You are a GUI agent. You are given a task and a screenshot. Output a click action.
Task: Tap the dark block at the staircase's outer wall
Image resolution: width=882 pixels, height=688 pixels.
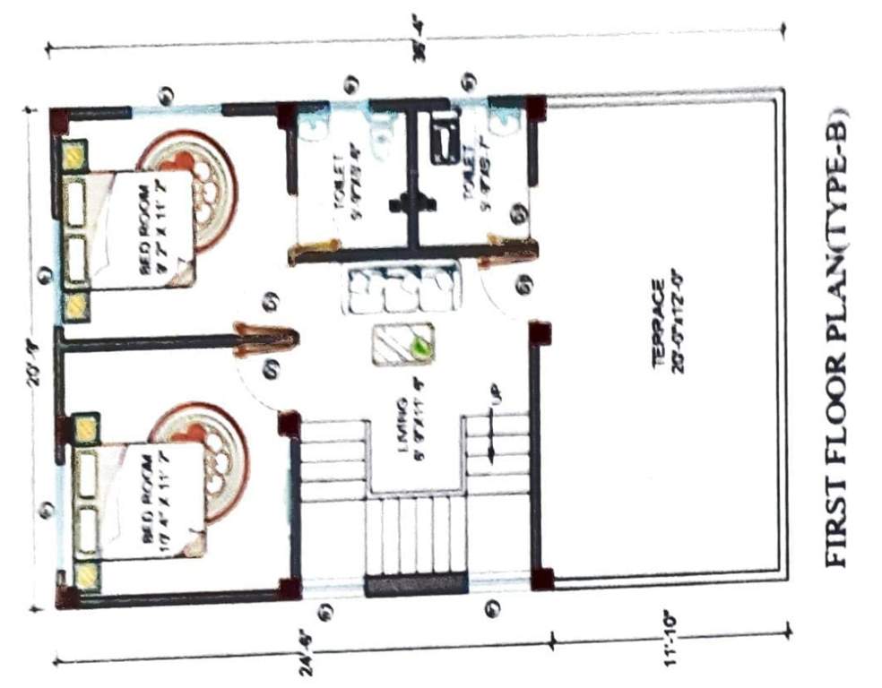416,586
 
